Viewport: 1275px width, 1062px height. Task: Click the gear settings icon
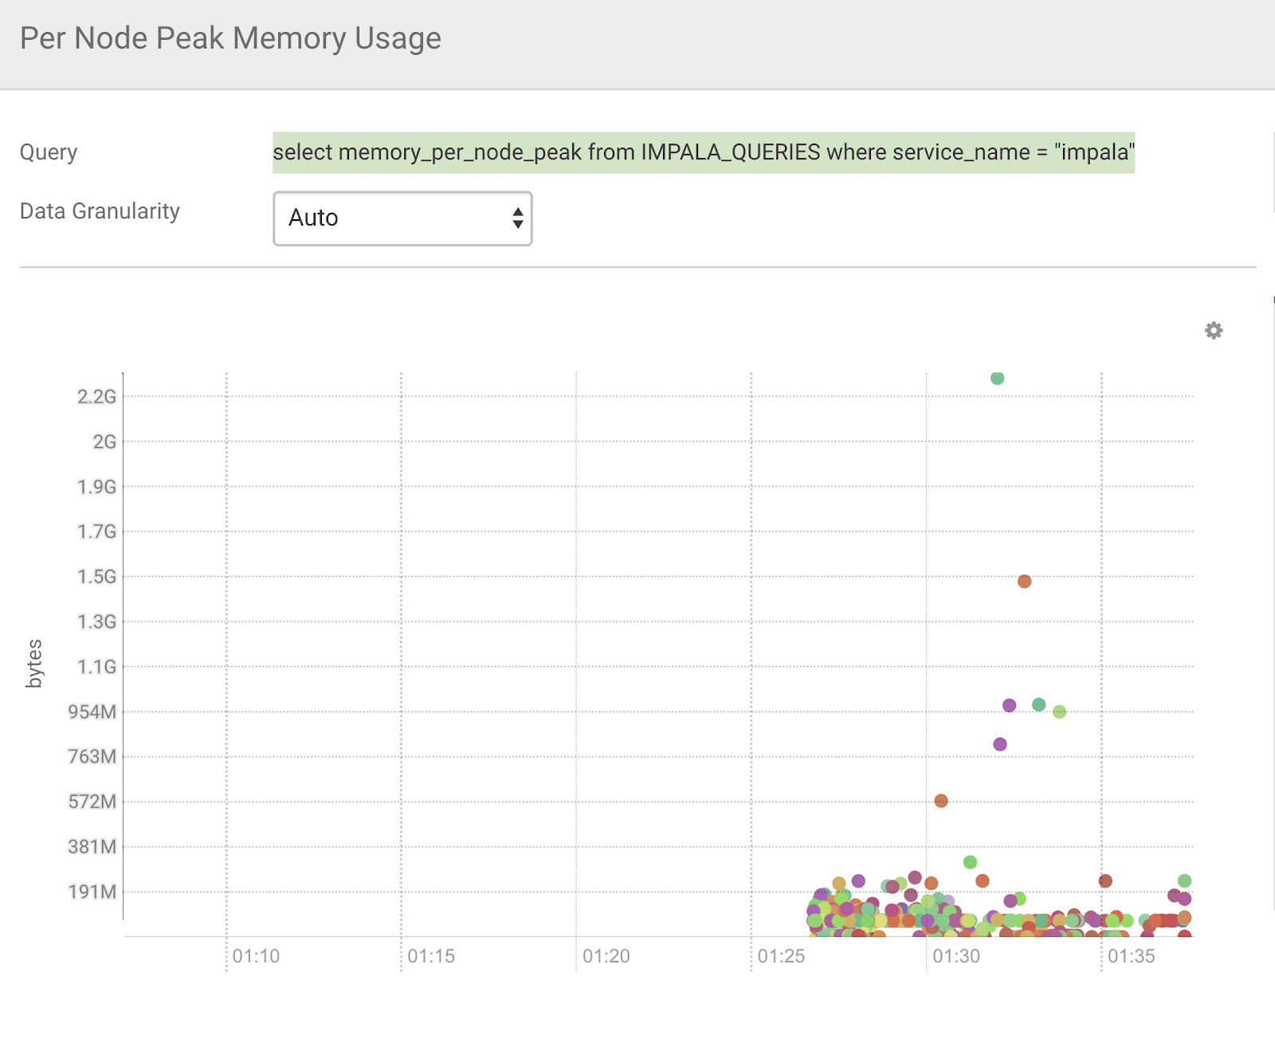click(x=1213, y=331)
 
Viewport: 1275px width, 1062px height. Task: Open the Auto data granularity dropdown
click(x=402, y=218)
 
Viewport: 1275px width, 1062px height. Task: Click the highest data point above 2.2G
click(x=997, y=378)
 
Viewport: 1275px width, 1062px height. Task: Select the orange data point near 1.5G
click(x=1024, y=581)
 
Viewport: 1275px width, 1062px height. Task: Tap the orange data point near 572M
click(x=941, y=800)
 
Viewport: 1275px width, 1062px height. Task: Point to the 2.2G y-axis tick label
click(x=96, y=396)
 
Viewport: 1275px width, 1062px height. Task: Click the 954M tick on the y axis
click(x=92, y=711)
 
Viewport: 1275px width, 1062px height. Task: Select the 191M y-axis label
click(x=92, y=891)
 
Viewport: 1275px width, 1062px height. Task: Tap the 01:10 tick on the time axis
click(x=256, y=956)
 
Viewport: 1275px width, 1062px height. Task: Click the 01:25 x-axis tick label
click(x=781, y=956)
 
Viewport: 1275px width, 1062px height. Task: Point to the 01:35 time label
click(x=1131, y=956)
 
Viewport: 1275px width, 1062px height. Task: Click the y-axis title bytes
click(x=34, y=663)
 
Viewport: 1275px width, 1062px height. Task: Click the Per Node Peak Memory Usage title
click(x=230, y=38)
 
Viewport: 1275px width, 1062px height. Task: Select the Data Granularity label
click(x=100, y=211)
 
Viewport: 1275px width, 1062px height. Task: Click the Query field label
click(x=49, y=152)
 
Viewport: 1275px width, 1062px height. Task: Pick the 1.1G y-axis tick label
click(x=96, y=667)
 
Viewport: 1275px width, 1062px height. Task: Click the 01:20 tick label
click(x=606, y=956)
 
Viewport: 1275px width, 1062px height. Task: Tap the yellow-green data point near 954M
click(x=1059, y=711)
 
